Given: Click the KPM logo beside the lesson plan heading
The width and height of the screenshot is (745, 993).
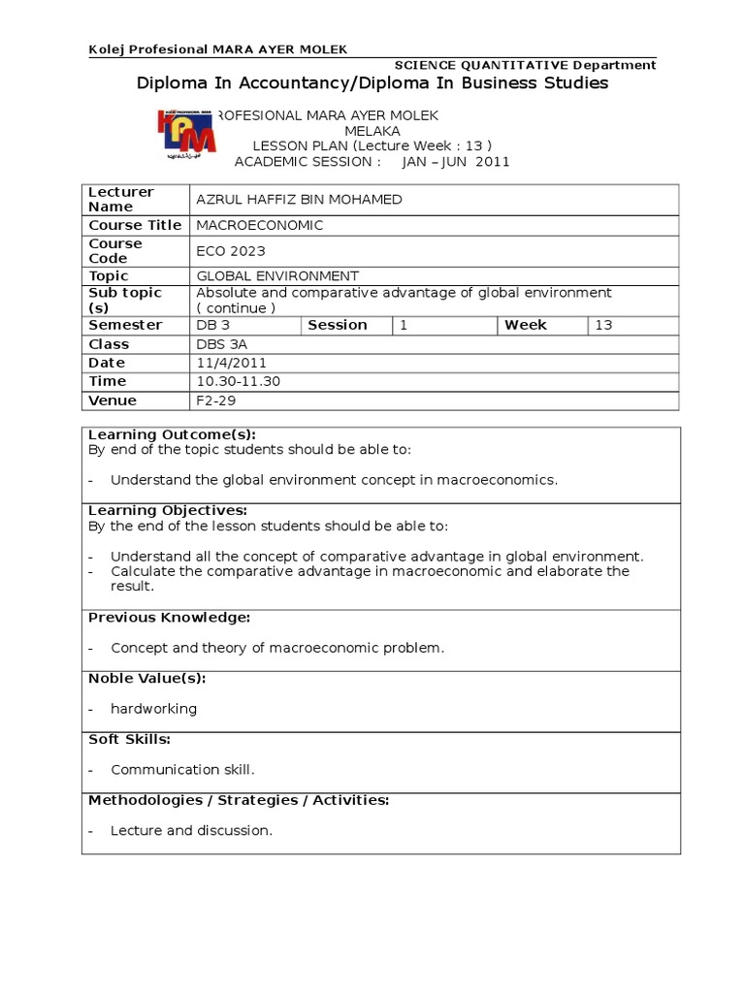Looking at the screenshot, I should point(187,134).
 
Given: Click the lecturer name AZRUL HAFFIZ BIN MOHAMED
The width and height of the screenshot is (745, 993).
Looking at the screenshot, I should point(299,200).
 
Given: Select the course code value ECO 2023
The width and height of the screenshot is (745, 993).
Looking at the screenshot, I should point(231,251).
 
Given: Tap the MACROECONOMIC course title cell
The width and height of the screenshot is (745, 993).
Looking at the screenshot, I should point(260,225).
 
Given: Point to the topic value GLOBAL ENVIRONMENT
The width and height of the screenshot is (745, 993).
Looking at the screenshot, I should point(277,276).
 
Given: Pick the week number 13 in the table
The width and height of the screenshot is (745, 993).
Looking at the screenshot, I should point(603,325).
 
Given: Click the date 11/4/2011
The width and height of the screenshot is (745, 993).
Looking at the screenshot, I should point(231,363).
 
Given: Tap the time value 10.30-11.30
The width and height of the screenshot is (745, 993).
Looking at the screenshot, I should point(238,381).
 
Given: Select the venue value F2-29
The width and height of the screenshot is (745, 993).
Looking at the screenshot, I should point(216,400).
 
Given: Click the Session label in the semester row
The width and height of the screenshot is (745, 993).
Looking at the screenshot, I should point(338,325).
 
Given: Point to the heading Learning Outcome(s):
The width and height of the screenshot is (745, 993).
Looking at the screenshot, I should point(172,434).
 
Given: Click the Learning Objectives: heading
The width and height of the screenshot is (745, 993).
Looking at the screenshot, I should point(168,510).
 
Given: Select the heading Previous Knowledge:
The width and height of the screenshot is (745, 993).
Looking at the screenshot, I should point(170,618).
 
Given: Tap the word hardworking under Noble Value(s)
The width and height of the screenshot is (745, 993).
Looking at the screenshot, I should point(153,709).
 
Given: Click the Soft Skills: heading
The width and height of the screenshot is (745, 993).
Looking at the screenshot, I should point(129,739).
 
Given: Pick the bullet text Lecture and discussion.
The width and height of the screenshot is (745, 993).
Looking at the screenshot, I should point(191,831).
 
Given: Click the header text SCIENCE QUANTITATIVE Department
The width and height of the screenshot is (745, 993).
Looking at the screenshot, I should point(525,65).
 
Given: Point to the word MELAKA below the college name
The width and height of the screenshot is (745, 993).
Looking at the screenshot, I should point(372,131).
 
